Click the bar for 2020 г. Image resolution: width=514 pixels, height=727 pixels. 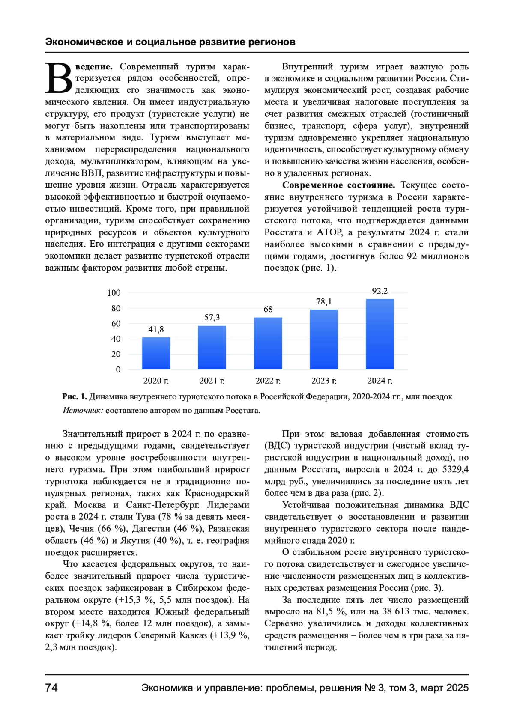click(156, 353)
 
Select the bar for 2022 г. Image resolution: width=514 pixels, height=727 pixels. click(268, 343)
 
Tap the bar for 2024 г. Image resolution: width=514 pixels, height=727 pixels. click(380, 334)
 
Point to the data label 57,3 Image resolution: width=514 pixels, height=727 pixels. click(212, 317)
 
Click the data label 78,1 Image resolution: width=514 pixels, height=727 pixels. click(324, 301)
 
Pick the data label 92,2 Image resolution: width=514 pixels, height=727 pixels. click(380, 291)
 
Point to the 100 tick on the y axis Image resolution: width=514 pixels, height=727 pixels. click(114, 293)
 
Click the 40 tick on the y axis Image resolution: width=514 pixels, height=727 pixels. click(116, 339)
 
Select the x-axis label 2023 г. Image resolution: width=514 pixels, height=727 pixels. click(324, 381)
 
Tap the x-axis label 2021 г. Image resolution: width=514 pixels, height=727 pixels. click(212, 381)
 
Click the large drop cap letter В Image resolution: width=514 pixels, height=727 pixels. click(59, 78)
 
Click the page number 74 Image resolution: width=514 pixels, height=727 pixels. click(51, 688)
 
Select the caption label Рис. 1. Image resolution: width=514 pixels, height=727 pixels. click(75, 397)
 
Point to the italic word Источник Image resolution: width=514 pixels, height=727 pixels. click(83, 411)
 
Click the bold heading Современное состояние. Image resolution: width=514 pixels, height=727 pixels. click(338, 185)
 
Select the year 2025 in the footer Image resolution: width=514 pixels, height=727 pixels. click(457, 688)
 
